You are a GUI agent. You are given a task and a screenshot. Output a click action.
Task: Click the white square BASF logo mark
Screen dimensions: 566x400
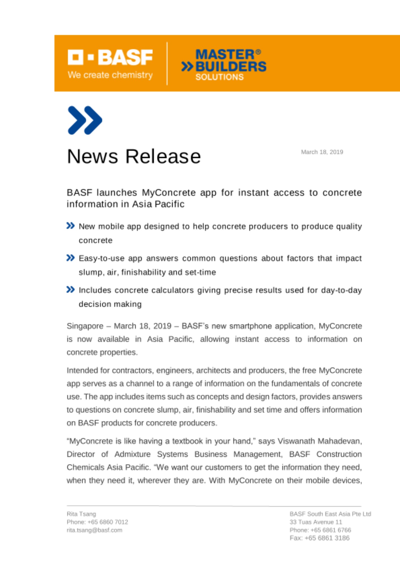click(x=75, y=57)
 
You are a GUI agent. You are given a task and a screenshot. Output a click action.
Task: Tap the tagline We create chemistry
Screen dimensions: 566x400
click(x=110, y=75)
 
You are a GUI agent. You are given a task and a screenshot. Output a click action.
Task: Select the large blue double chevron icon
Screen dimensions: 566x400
click(x=85, y=120)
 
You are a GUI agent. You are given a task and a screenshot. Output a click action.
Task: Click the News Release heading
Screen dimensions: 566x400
click(x=134, y=156)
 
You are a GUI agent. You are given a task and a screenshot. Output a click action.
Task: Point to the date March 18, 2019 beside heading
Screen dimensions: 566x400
click(x=322, y=152)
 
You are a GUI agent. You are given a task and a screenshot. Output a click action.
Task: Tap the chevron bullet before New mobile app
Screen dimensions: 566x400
click(x=70, y=226)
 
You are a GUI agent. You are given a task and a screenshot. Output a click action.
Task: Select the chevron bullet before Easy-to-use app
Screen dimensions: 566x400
click(x=70, y=258)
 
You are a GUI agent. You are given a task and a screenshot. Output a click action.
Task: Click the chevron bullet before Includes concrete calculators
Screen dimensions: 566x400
click(x=70, y=290)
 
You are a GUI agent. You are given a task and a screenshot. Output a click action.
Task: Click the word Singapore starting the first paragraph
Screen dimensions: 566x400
click(x=85, y=326)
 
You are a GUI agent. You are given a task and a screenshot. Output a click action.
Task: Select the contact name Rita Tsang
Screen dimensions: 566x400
click(x=81, y=514)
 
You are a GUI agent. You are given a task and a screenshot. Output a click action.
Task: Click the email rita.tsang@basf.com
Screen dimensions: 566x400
click(x=94, y=530)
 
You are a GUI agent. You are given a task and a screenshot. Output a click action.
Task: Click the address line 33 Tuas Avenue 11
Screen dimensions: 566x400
click(x=316, y=522)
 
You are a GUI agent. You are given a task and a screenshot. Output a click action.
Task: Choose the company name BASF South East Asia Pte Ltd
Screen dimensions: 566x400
click(x=330, y=514)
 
